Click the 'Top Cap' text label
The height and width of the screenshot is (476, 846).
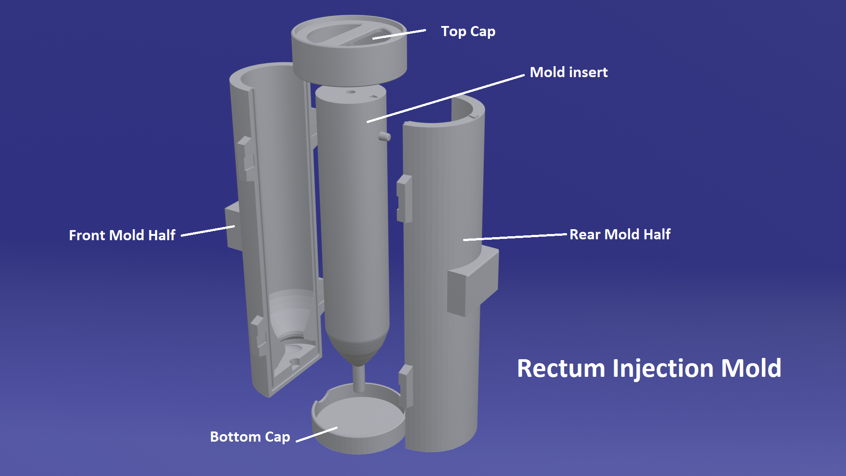coord(468,32)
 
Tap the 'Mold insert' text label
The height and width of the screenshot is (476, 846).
coord(568,72)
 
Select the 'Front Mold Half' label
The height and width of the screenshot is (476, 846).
coord(122,235)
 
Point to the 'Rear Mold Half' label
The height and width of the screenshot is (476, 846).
coord(620,234)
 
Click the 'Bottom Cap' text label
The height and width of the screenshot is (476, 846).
coord(250,437)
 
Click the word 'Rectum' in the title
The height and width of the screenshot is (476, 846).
coord(561,368)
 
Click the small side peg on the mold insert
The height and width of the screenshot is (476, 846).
coord(384,136)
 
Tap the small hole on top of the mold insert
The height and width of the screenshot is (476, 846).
coord(351,92)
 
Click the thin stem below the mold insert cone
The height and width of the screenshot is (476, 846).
coord(359,379)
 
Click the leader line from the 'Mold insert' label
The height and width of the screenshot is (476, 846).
coord(445,98)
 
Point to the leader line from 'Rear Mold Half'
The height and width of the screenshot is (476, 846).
coord(515,237)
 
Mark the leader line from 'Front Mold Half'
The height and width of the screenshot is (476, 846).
coord(208,231)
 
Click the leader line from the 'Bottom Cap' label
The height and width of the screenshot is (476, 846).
coord(316,434)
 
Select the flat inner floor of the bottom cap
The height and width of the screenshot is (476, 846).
coord(360,416)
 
